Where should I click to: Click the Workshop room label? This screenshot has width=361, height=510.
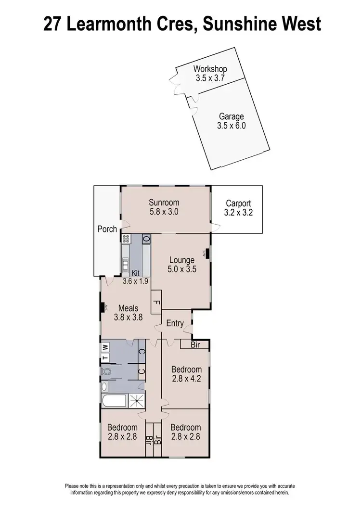pyautogui.click(x=210, y=69)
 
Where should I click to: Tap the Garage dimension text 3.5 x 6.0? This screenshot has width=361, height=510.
pyautogui.click(x=232, y=126)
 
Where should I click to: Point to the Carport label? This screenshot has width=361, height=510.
pyautogui.click(x=238, y=204)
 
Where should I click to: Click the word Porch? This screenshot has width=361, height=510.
pyautogui.click(x=107, y=229)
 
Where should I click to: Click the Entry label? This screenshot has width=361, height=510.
pyautogui.click(x=175, y=323)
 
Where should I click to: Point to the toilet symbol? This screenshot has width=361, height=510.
pyautogui.click(x=107, y=371)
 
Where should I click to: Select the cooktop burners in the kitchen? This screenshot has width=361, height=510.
pyautogui.click(x=126, y=237)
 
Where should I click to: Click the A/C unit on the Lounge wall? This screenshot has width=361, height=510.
pyautogui.click(x=207, y=253)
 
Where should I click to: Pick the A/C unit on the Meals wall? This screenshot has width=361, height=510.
pyautogui.click(x=103, y=308)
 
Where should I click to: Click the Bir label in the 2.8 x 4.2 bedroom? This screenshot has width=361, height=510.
pyautogui.click(x=195, y=344)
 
